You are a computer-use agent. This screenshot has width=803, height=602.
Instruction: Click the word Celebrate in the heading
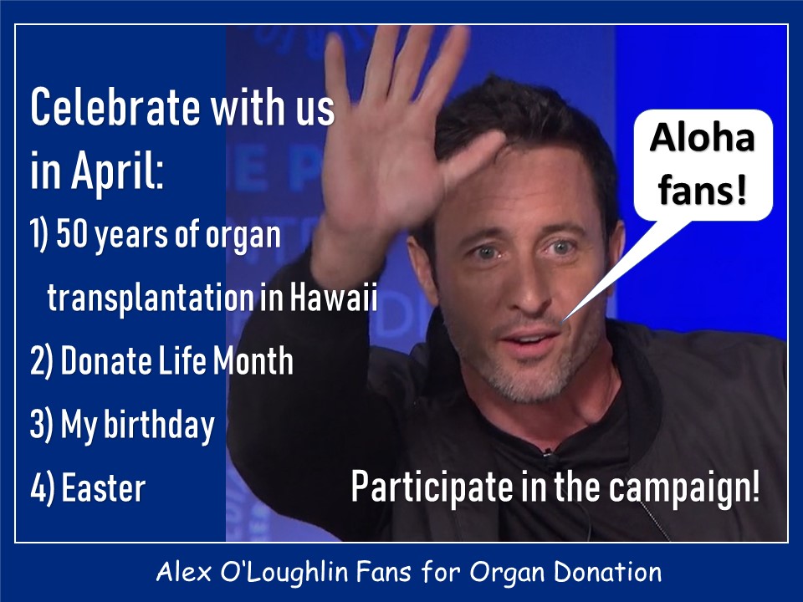tap(115, 107)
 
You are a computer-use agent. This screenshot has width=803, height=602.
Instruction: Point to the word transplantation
tap(150, 298)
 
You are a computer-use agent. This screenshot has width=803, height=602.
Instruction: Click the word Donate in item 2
tap(106, 360)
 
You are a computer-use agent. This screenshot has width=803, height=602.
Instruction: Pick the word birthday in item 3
tap(159, 425)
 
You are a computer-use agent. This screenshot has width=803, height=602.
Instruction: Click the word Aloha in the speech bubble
tap(702, 138)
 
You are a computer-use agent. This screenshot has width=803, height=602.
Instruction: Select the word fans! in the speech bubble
tap(702, 190)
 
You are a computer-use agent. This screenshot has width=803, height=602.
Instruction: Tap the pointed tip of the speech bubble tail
tap(562, 323)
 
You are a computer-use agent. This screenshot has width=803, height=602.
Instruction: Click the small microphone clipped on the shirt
tap(549, 452)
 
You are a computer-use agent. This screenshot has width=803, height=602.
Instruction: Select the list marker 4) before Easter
tap(42, 489)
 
